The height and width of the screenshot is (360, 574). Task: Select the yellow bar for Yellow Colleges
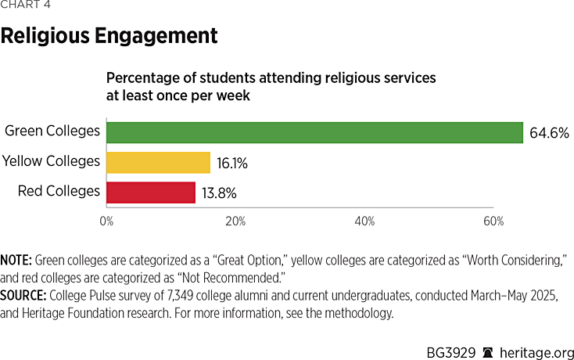point(159,162)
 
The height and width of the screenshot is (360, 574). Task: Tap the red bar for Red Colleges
point(151,192)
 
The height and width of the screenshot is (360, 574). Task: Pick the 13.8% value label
point(220,193)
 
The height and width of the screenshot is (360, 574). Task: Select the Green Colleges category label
point(52,131)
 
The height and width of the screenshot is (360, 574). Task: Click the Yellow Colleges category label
point(51,161)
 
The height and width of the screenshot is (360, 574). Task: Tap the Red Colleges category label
point(59,191)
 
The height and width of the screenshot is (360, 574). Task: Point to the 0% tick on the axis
point(106,221)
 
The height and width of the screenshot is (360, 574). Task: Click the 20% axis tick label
point(235,221)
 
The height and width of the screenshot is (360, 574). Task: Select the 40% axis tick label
point(364,221)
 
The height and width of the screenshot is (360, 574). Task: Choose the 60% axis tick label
point(493,221)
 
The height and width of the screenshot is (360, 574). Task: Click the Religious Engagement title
point(109,35)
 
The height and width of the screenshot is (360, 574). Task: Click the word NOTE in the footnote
point(16,259)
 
